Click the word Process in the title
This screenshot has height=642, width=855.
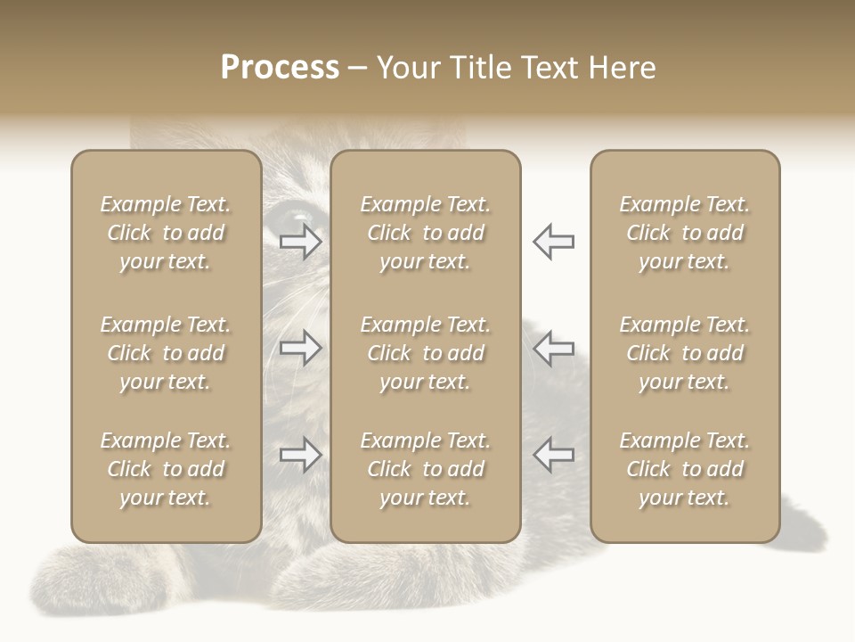coord(280,68)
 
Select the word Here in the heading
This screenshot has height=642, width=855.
coord(619,68)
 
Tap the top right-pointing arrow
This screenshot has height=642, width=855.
coord(300,241)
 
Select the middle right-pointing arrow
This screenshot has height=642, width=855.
coord(300,348)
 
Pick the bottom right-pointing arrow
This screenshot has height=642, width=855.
coord(300,455)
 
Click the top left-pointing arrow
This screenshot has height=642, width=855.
coord(554,241)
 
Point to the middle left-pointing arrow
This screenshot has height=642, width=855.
coord(554,348)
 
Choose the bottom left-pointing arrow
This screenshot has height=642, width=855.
coord(554,455)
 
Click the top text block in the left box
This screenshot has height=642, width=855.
coord(166,233)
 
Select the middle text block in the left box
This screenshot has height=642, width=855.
coord(166,353)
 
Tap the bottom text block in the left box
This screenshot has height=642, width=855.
coord(166,469)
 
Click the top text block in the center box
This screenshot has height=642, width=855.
coord(425,233)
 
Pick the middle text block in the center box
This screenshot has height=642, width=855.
coord(425,353)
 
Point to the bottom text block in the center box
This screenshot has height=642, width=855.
coord(425,469)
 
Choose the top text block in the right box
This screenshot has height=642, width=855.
coord(685,233)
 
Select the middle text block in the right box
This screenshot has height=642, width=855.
coord(685,353)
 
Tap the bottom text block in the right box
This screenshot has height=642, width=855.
coord(685,469)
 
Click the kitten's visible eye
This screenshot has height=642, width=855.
coord(296,217)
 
